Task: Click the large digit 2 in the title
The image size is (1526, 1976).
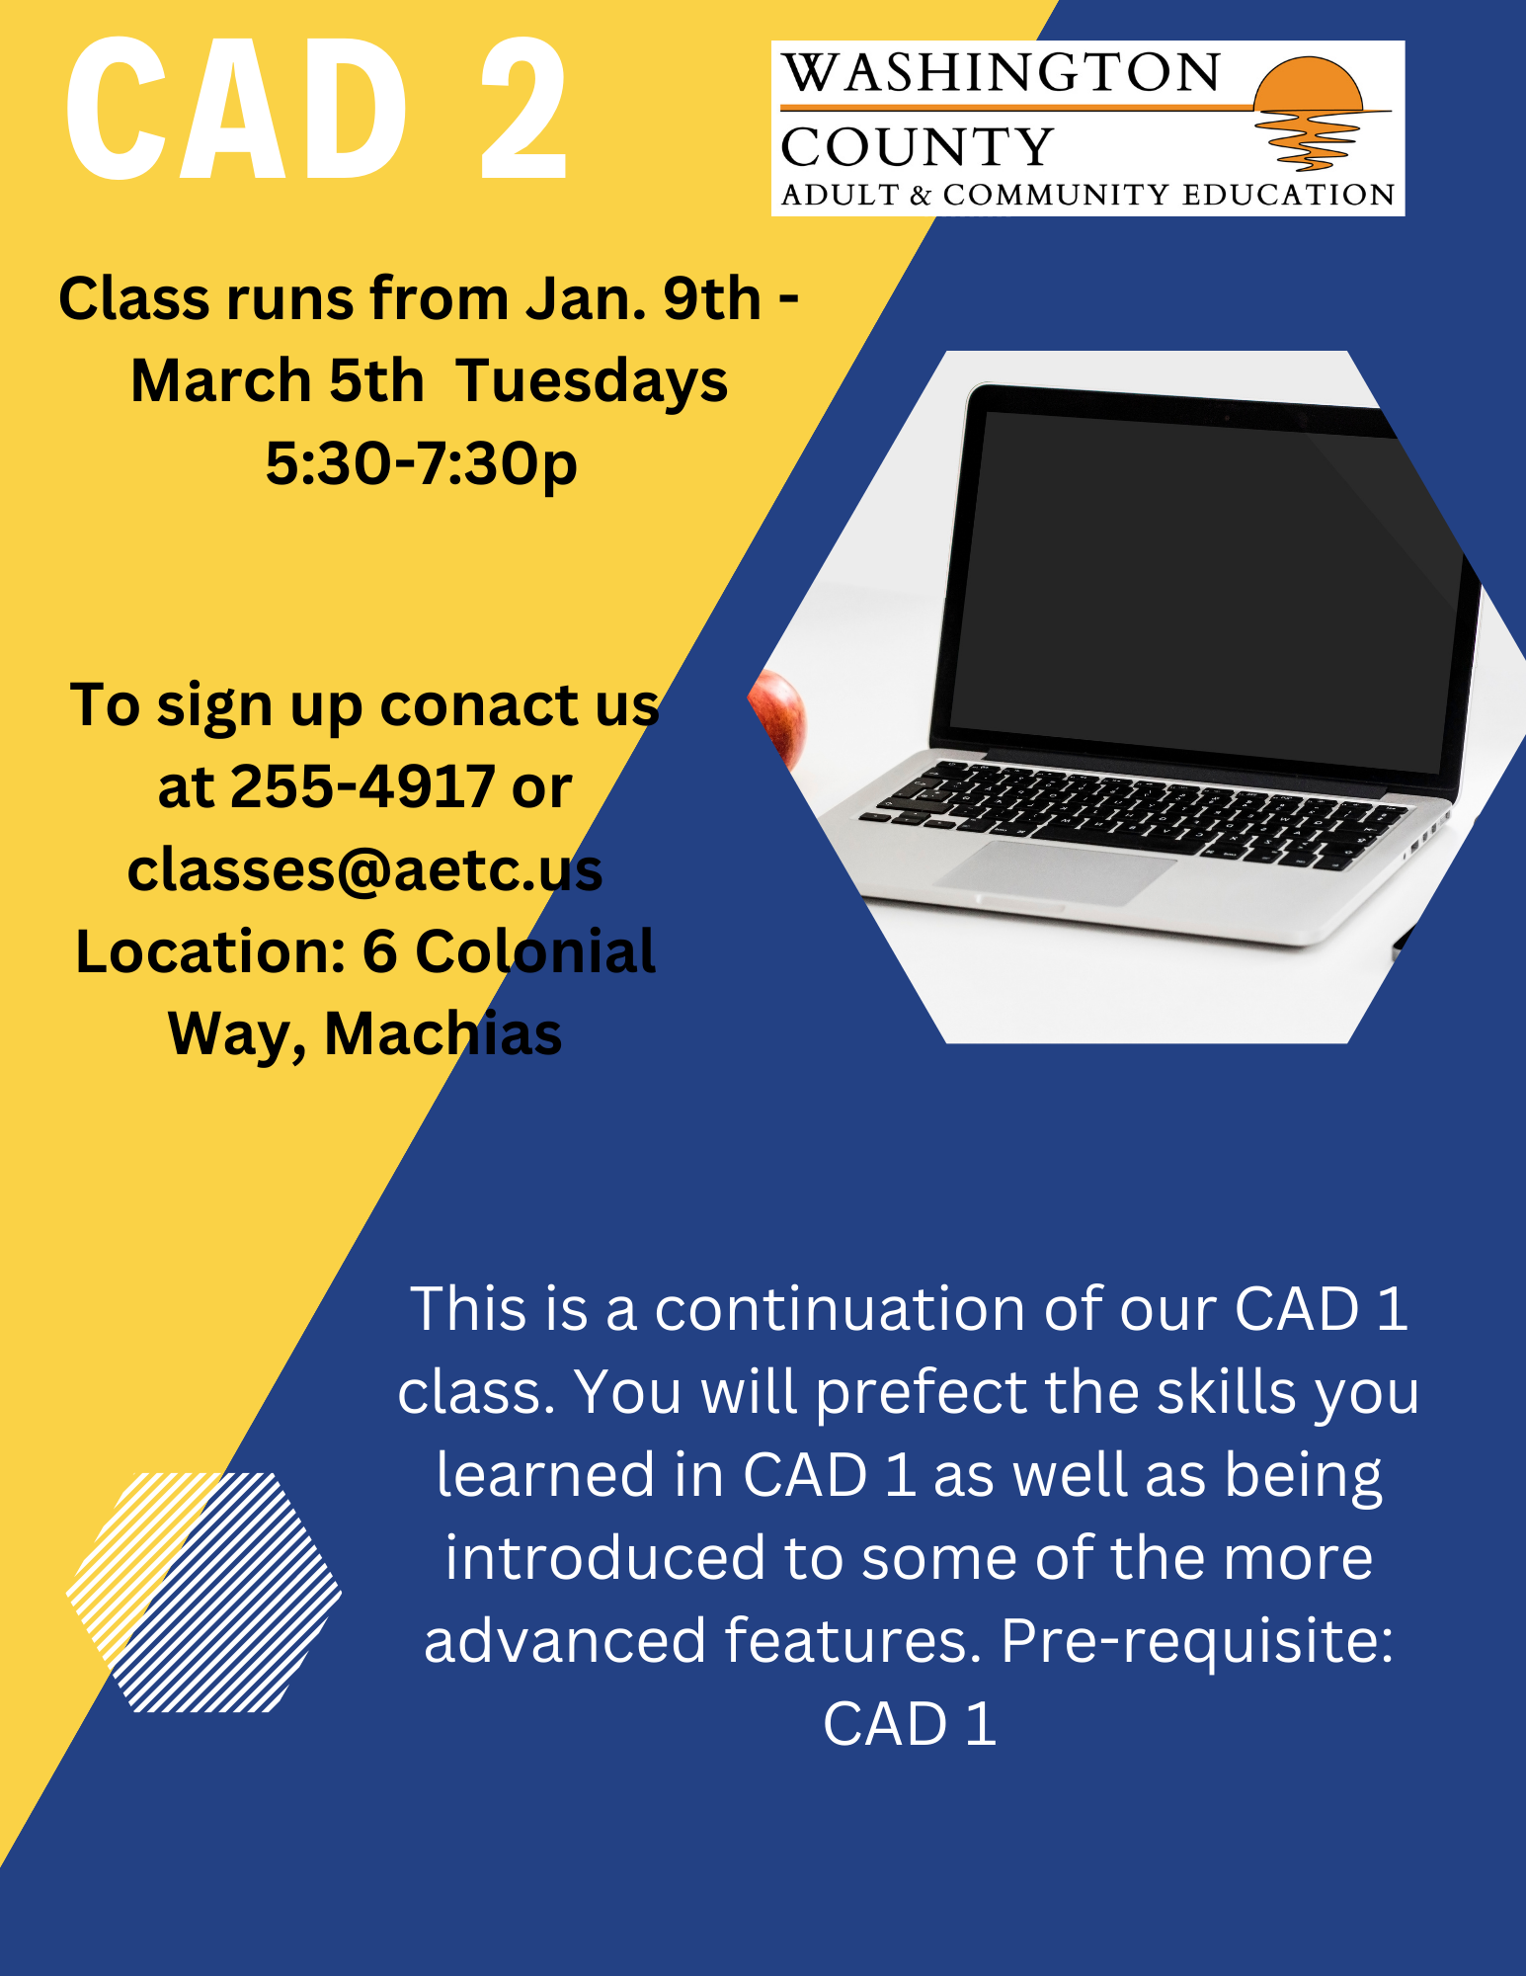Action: point(523,110)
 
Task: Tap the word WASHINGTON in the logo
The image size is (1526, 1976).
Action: point(1002,73)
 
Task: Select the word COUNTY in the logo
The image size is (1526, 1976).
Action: point(918,147)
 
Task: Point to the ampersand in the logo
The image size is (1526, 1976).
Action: point(921,196)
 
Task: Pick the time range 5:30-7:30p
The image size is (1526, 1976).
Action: point(422,463)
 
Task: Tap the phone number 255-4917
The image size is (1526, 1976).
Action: point(362,787)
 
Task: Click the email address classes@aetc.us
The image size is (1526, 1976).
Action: point(364,870)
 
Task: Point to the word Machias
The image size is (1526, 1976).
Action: point(443,1034)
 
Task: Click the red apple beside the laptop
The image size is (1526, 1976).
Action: point(780,716)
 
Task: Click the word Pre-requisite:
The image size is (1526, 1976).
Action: point(1196,1641)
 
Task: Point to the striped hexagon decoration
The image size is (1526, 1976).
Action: point(204,1592)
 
